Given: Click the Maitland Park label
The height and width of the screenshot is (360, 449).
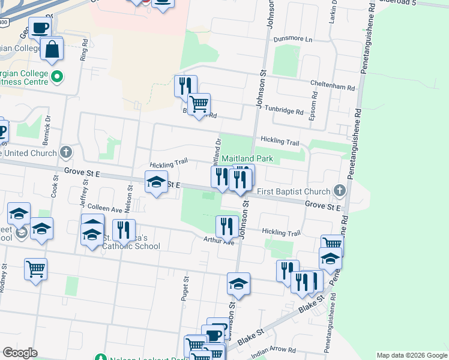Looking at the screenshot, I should (x=247, y=159).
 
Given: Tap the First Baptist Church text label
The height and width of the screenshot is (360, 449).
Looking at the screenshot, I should (x=294, y=191).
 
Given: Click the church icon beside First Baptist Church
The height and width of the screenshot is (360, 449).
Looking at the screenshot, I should (x=340, y=191).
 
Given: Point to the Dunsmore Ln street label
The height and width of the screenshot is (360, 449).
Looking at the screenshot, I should (x=294, y=39).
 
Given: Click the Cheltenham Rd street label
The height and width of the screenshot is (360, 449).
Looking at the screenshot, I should (x=333, y=86).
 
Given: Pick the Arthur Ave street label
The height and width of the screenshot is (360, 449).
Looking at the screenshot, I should (x=220, y=242).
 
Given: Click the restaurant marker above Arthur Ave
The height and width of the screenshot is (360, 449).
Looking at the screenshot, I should (x=226, y=226).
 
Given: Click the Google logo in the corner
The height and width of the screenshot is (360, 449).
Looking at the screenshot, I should (x=20, y=353).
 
